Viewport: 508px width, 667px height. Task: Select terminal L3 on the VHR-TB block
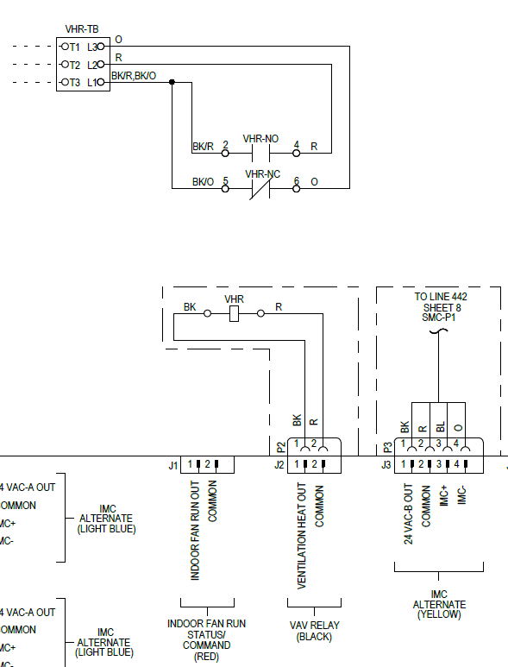[92, 47]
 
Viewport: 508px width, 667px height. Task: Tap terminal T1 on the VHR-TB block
[74, 47]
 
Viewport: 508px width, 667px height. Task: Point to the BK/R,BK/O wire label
[134, 76]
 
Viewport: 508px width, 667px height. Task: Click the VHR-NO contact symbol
[260, 153]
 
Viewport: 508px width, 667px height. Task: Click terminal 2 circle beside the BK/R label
[225, 153]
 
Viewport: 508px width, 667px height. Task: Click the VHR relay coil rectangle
[234, 314]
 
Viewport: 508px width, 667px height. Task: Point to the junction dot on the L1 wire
[172, 83]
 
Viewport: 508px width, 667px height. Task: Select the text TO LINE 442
[441, 297]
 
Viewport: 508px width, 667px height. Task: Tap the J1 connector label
[173, 466]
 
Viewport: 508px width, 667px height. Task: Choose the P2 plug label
[280, 447]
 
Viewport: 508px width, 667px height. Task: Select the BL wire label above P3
[441, 426]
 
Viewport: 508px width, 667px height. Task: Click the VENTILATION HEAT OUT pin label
[302, 535]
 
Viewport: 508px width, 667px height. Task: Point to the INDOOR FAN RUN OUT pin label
[196, 530]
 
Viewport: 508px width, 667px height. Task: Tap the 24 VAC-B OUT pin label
[407, 514]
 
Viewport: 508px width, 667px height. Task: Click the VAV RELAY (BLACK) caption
[313, 630]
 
